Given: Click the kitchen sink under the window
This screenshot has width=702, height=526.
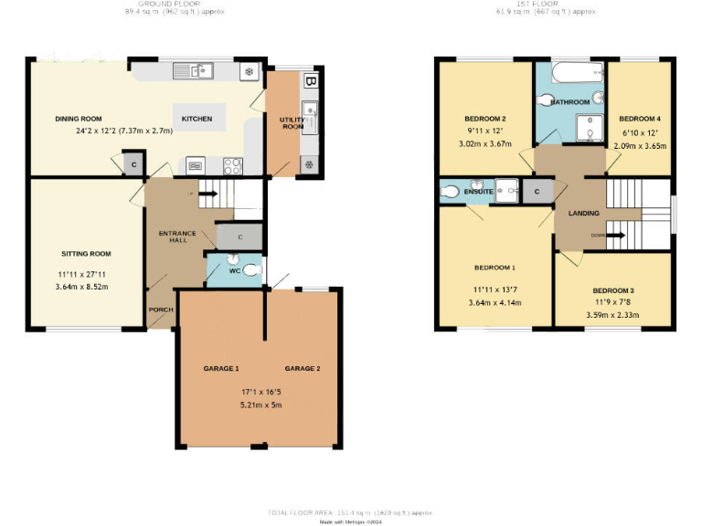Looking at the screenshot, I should [x=194, y=70].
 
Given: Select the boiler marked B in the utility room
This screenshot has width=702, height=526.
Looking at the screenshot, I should [x=311, y=81].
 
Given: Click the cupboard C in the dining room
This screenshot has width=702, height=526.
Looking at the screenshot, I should [x=133, y=164].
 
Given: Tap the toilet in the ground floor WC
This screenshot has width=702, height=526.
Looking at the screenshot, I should [x=250, y=269].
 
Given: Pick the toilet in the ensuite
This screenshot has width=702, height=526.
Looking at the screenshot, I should [x=450, y=192].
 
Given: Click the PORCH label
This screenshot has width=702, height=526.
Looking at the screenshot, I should [x=161, y=310].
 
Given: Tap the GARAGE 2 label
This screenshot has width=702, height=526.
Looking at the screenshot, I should [x=303, y=368].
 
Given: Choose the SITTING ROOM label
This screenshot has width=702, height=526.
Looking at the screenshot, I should [x=86, y=253].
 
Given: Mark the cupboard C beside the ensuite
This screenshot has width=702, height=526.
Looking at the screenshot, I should [x=537, y=192].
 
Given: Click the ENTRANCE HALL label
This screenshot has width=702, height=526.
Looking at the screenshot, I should [x=177, y=238].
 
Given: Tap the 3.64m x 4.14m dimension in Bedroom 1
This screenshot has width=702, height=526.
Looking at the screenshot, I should [x=495, y=303].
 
